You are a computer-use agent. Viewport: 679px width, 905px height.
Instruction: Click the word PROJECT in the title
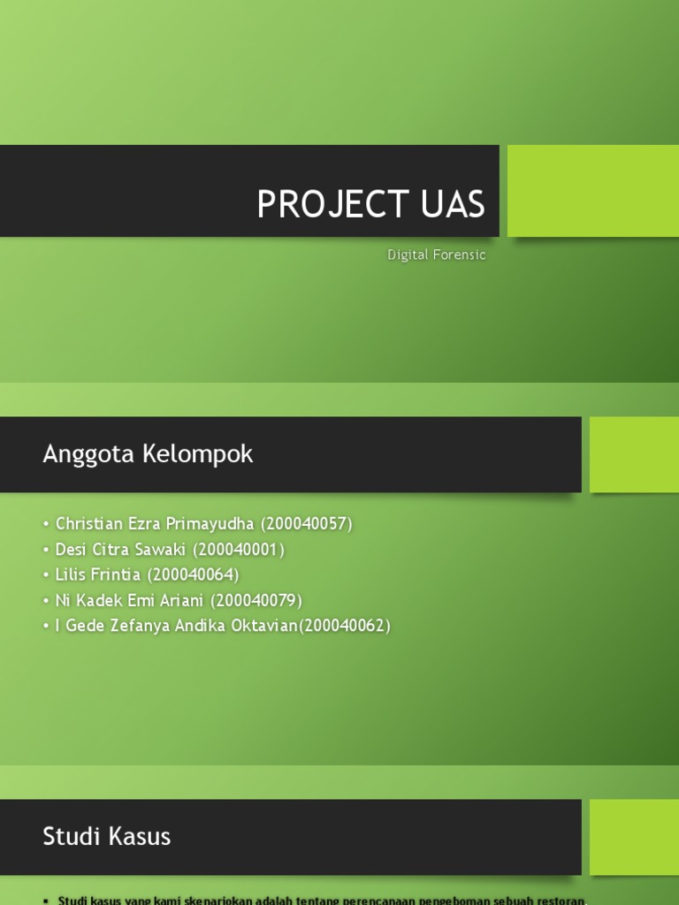(x=321, y=205)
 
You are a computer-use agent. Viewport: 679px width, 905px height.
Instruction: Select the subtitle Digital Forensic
(x=437, y=255)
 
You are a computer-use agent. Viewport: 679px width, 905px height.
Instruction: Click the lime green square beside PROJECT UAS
(x=592, y=191)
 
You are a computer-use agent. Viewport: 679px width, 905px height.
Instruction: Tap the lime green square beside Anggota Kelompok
(x=634, y=454)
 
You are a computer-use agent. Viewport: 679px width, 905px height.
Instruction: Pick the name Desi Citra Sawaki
(x=120, y=550)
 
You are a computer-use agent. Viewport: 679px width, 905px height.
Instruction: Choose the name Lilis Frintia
(x=98, y=574)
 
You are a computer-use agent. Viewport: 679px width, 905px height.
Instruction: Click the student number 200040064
(x=194, y=574)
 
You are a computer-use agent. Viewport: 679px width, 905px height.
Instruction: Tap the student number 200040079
(x=257, y=601)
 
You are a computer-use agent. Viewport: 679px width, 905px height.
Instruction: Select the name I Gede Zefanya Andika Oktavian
(x=174, y=626)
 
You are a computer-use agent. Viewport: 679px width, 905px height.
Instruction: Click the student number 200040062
(x=346, y=626)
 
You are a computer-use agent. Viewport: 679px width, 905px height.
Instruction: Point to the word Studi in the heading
(x=72, y=836)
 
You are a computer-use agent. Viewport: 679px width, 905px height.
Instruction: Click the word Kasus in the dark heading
(x=139, y=836)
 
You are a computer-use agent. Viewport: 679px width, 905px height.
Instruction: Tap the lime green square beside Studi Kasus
(x=634, y=837)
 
